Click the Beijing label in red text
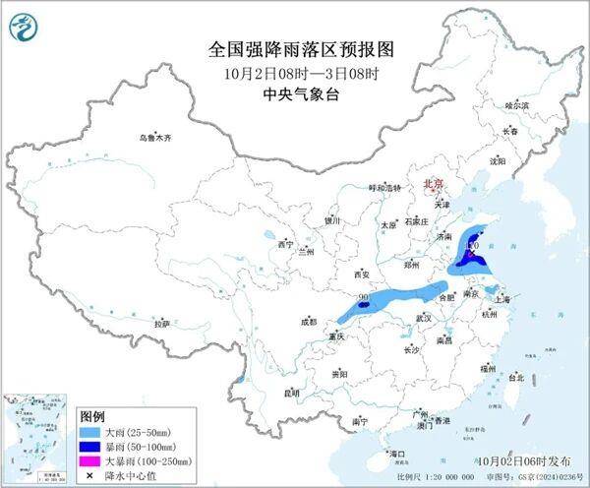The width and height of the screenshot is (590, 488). [433, 183]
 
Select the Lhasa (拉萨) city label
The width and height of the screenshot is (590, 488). [162, 323]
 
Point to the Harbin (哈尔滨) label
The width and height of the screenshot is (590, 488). [516, 104]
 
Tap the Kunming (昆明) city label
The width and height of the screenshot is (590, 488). [290, 393]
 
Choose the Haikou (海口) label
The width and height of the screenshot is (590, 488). [397, 453]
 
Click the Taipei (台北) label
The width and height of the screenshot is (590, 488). [516, 376]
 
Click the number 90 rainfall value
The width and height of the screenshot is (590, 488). [364, 296]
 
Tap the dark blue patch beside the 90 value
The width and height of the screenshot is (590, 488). [364, 306]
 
